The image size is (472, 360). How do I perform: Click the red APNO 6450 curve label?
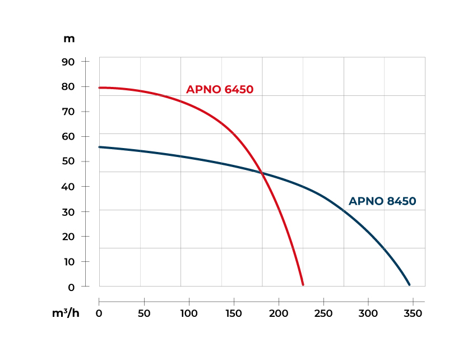pos(220,90)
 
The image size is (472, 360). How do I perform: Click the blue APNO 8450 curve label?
pos(382,201)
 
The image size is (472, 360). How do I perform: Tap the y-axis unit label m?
pos(69,39)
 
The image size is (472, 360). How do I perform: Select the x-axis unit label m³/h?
pos(66,313)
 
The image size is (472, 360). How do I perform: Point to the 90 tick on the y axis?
pos(68,61)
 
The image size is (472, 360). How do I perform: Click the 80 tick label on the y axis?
pos(68,86)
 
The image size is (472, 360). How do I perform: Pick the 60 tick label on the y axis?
pos(68,136)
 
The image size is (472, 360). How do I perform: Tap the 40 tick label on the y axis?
pos(68,186)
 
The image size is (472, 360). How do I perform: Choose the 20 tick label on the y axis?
pos(68,236)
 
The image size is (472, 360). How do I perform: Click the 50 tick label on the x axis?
pos(144,313)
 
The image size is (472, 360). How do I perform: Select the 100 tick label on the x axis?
pos(189,313)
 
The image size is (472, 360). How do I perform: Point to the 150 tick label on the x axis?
pos(234,313)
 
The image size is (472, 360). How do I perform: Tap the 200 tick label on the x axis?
pos(279,313)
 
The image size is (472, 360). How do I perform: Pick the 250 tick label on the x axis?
pos(323,313)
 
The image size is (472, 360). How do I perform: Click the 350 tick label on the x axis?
pos(413,313)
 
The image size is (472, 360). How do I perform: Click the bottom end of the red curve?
pos(303,284)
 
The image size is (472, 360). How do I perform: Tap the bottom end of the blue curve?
pos(409,284)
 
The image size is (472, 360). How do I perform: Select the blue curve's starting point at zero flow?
pos(100,147)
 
